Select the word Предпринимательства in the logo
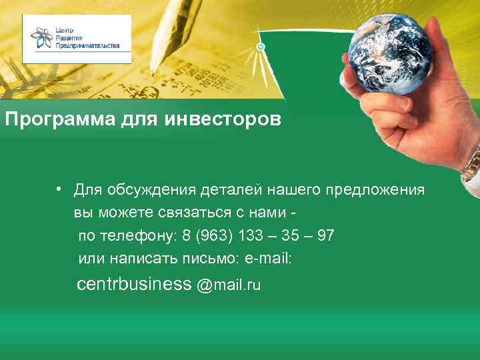pos(88,45)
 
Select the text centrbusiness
pos(134,285)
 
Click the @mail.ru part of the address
pos(228,285)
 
